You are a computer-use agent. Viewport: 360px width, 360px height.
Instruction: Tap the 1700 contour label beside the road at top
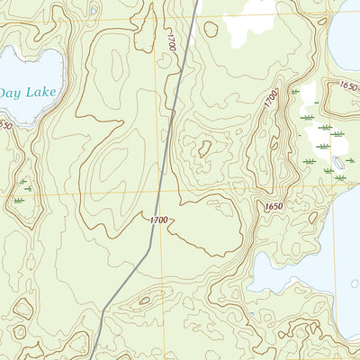click(x=172, y=40)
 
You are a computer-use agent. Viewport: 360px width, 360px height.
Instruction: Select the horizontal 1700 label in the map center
click(x=158, y=219)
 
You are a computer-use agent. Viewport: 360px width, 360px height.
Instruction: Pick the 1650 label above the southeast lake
click(x=274, y=207)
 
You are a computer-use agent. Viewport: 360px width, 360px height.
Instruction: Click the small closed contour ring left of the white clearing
click(x=211, y=29)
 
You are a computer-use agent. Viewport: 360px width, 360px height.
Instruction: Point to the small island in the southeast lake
click(x=354, y=283)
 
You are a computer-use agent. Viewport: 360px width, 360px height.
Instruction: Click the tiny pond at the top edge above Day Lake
click(x=94, y=11)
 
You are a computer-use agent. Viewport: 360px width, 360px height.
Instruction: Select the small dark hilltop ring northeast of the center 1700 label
click(x=205, y=148)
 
